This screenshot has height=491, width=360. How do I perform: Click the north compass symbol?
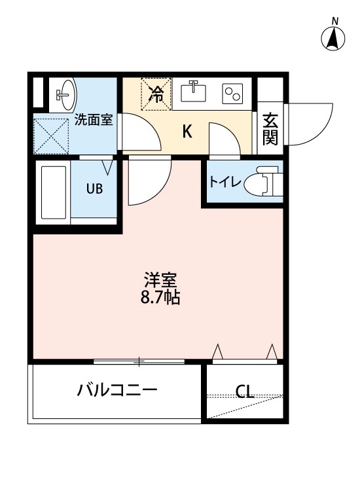point(333,36)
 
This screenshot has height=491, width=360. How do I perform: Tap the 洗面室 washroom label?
point(94,119)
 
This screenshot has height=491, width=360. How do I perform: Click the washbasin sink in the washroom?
point(66,94)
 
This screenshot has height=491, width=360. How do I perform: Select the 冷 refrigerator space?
point(156,94)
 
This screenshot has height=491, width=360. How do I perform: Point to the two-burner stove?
point(232,94)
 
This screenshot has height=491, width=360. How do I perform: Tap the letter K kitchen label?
point(187,132)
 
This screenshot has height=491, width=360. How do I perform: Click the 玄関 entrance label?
point(270,129)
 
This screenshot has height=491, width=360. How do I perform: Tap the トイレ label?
point(225,181)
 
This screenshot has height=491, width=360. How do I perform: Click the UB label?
point(94,189)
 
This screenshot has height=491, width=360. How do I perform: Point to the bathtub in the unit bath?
point(53,192)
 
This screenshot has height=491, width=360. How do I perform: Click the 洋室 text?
point(160,280)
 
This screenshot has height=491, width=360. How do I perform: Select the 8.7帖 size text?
point(160,297)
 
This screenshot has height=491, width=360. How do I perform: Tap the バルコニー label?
point(117,390)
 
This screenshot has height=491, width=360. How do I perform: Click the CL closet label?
point(245,391)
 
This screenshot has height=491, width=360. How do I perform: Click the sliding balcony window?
point(139,361)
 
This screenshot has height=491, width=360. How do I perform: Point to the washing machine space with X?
point(51,136)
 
